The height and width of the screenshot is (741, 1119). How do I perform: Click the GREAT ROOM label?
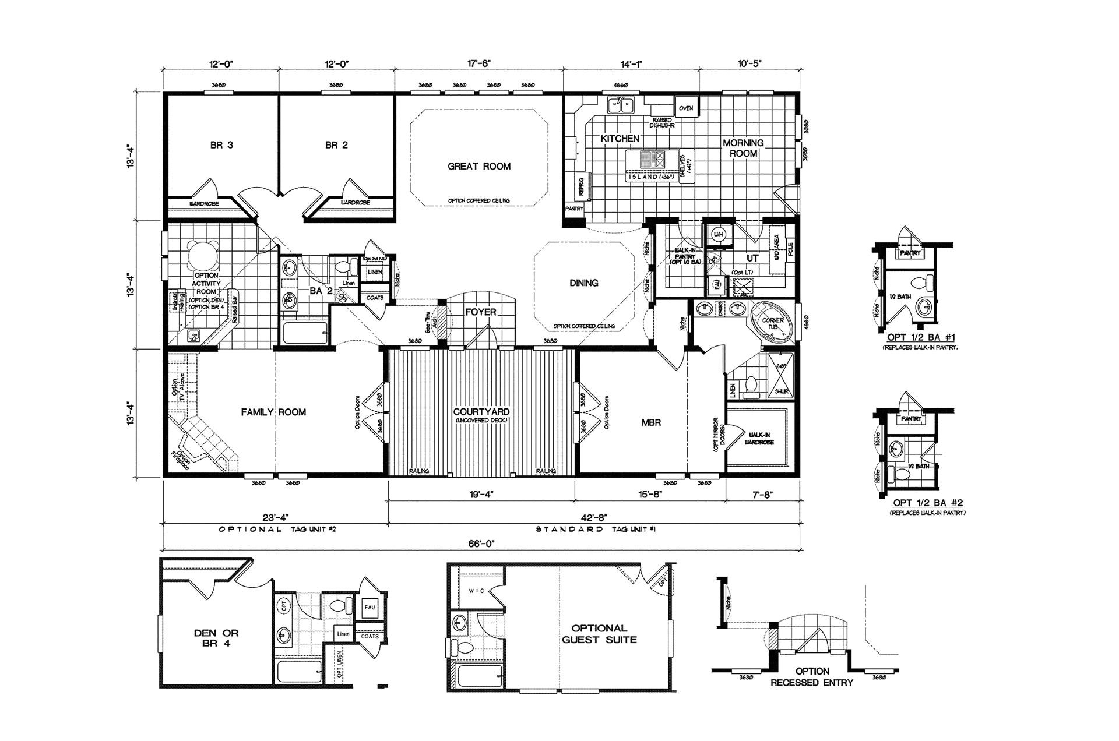coord(479,166)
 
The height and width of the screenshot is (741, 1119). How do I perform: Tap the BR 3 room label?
coord(221,145)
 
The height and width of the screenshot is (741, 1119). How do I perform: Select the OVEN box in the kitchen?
coord(686,108)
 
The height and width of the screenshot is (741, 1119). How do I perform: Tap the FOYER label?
coord(481,312)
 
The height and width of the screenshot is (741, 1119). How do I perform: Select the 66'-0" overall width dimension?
coord(481,543)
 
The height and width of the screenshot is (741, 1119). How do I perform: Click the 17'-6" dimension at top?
coord(478,63)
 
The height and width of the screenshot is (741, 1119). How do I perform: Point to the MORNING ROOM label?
coord(743,148)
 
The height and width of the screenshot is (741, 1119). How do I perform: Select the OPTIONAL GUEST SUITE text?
coord(599,634)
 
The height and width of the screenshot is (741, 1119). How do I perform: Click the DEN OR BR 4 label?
coord(216,638)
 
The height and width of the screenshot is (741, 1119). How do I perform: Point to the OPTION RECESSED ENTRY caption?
coord(812,677)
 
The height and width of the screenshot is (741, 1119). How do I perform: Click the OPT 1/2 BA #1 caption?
coord(920,337)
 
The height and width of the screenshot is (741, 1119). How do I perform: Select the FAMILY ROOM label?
coord(273,412)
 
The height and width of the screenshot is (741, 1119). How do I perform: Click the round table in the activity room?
coord(203,255)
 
